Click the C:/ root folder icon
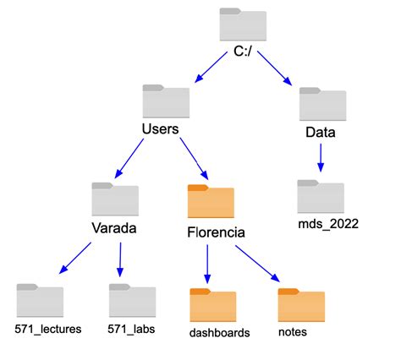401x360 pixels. [x=243, y=25]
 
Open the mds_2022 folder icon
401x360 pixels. [x=321, y=196]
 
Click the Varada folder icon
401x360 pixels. [x=114, y=199]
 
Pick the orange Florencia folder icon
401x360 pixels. [x=211, y=203]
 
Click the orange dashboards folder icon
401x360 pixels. [x=213, y=306]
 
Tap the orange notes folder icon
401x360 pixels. [x=301, y=306]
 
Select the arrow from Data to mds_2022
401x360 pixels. [x=321, y=158]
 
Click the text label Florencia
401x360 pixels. [x=216, y=230]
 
